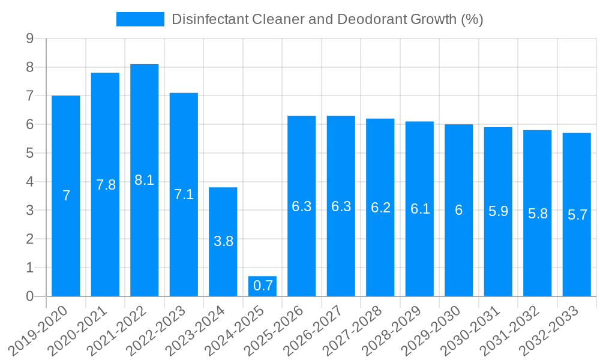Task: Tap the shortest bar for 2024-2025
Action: (x=262, y=286)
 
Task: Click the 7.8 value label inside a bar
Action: (x=106, y=185)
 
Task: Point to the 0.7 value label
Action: (x=263, y=286)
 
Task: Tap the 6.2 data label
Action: (x=380, y=208)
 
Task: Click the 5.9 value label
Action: (x=498, y=211)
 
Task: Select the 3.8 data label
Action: (x=223, y=241)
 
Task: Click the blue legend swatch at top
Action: (x=140, y=19)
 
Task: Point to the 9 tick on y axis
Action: (x=29, y=39)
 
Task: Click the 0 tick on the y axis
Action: (x=29, y=296)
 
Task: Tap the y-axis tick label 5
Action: (x=29, y=154)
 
